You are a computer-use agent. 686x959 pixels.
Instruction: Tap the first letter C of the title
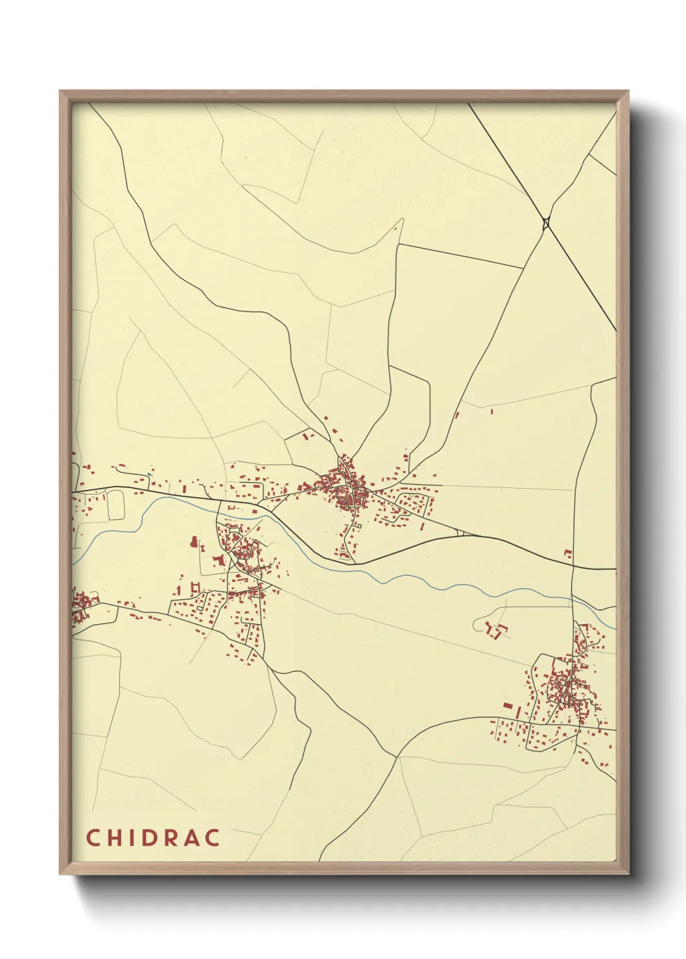(x=92, y=838)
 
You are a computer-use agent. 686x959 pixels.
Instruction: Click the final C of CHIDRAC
(x=213, y=838)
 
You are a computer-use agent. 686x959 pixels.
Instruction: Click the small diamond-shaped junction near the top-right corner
(x=547, y=223)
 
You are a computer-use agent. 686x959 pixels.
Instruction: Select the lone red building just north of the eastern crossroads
(x=568, y=553)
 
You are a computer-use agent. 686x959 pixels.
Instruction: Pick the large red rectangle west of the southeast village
(x=508, y=706)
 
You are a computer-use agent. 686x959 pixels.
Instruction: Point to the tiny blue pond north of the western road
(x=148, y=475)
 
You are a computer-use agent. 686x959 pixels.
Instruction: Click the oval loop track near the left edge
(x=115, y=505)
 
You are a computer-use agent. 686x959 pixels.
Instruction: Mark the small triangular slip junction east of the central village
(x=460, y=533)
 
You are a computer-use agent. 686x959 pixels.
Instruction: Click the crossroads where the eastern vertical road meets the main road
(x=573, y=567)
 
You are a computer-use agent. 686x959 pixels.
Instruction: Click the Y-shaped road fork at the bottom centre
(x=397, y=756)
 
